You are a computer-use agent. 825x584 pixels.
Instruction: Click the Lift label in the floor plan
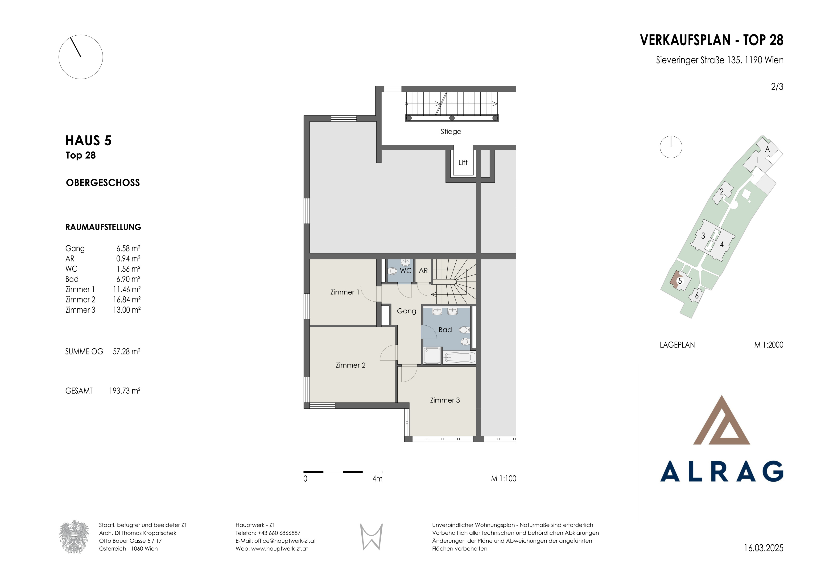pos(463,163)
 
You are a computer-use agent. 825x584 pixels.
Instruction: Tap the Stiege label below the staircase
pos(451,132)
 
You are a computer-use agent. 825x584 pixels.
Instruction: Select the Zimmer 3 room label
pos(445,400)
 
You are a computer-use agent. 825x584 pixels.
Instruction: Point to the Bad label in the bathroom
pos(445,330)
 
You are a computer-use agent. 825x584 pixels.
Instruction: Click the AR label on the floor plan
pos(423,270)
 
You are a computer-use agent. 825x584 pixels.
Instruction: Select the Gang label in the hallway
pos(406,311)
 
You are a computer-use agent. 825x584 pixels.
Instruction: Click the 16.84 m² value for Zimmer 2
pos(127,300)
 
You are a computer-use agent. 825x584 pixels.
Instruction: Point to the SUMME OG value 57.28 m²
pos(127,351)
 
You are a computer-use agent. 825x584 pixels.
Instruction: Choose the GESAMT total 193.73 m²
pos(125,391)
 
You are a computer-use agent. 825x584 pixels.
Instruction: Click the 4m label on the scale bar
pos(377,479)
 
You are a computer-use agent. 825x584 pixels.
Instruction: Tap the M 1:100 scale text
pos(504,479)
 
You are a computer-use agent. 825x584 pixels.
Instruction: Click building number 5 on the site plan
pos(680,281)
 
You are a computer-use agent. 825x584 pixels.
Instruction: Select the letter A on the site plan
pos(767,149)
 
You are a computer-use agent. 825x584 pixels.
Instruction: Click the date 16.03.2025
pos(763,548)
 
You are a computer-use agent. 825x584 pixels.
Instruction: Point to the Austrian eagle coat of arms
pos(74,537)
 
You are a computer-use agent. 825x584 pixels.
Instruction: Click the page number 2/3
pos(777,87)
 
